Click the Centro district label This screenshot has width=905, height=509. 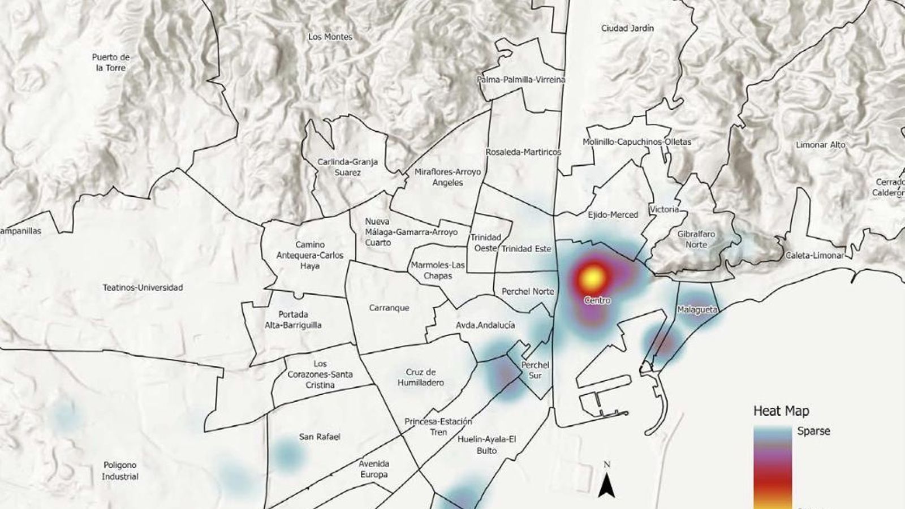point(597,300)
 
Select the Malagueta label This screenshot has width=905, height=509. point(697,310)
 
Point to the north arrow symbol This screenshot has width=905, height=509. point(607,485)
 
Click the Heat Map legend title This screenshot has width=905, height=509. point(781,411)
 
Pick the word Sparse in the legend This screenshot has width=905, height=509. point(813,431)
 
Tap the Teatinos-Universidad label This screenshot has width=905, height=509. point(143,287)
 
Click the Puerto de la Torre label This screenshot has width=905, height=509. point(111,62)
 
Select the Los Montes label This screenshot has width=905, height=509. point(330,37)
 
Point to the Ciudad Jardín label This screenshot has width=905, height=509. point(627,28)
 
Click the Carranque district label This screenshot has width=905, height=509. point(389,308)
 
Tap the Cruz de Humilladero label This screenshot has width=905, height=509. point(421,377)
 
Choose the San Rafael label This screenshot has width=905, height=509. point(320,437)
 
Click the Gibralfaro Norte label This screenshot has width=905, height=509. point(696,239)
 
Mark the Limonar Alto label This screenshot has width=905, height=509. point(820,145)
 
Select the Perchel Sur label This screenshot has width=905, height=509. point(535,370)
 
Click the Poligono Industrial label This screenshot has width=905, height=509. point(120,471)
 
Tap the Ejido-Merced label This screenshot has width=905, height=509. point(613,214)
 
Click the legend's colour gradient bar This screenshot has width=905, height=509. point(772,467)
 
